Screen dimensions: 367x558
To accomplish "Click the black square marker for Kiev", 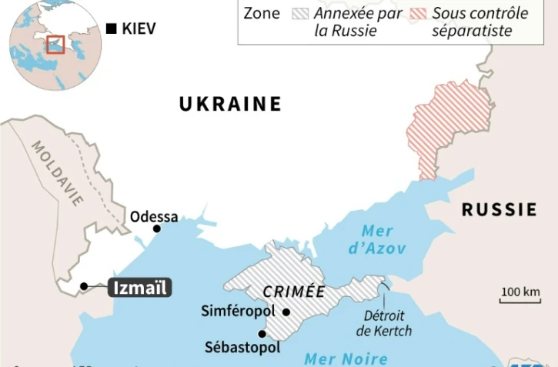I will (112, 29).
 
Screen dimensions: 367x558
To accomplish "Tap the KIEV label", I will (139, 29).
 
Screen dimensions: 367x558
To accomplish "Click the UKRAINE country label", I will (230, 104).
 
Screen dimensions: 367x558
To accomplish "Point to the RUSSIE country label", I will (499, 209).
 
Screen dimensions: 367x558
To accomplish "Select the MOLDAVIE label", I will (58, 173).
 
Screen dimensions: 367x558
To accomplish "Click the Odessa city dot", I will (157, 229).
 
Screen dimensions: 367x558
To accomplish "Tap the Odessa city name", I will (154, 216).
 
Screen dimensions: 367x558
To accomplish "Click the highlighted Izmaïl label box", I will (139, 288).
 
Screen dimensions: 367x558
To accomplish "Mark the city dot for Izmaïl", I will (82, 287).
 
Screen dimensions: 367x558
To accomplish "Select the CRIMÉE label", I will (293, 292).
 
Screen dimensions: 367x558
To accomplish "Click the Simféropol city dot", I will (286, 312).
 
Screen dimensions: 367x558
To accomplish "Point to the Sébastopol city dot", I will (262, 334).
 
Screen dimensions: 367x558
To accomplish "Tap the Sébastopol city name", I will (242, 347).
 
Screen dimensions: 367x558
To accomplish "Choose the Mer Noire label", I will (346, 358).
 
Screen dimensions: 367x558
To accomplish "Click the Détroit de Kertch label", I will (383, 323).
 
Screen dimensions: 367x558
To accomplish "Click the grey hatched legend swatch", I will (300, 13).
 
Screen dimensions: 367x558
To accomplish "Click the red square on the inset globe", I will (54, 44).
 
